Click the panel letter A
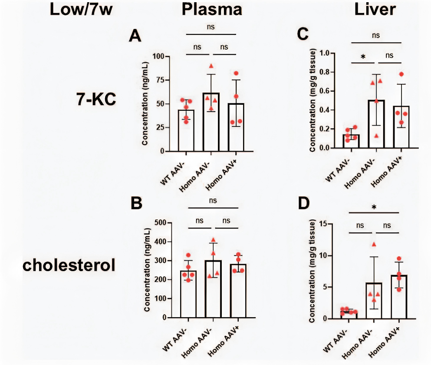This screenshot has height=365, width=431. point(136,37)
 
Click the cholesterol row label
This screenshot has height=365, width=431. point(69,265)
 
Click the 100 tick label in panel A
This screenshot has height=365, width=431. point(162,56)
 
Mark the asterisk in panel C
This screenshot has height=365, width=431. point(362,57)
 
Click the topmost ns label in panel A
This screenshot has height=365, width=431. point(211,27)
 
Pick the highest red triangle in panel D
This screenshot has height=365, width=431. point(374,244)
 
